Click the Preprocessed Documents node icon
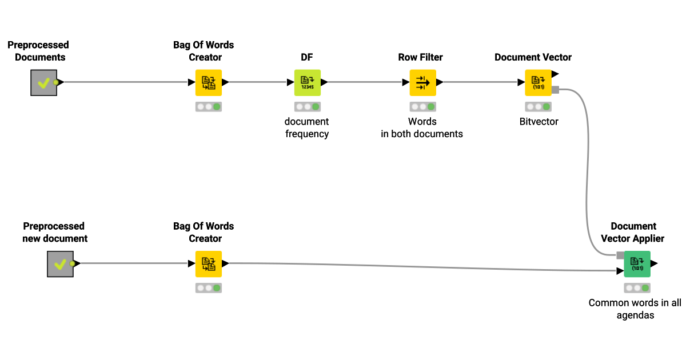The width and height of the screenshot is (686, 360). (44, 82)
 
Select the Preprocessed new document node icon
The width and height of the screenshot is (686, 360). (60, 263)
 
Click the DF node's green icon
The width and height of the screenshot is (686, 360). (308, 82)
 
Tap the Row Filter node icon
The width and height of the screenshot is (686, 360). (422, 82)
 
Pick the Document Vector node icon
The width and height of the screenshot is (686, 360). (538, 82)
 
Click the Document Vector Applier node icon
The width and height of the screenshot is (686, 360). (637, 263)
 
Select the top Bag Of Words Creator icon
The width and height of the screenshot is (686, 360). (209, 82)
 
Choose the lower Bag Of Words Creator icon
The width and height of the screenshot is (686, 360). (209, 263)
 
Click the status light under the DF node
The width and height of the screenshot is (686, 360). (308, 107)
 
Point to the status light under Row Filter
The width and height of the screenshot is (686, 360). (422, 107)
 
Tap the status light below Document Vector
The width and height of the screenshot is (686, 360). (538, 107)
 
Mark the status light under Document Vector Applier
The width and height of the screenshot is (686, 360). (637, 288)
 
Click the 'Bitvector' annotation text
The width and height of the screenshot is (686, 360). (539, 122)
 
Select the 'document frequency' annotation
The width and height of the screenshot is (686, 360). (307, 128)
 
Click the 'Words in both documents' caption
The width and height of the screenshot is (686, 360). (422, 128)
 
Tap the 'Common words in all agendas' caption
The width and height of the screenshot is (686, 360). (635, 309)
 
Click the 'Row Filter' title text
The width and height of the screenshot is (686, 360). (420, 57)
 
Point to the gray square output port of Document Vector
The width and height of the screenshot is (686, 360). (555, 90)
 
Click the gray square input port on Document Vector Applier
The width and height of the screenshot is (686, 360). (620, 255)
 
